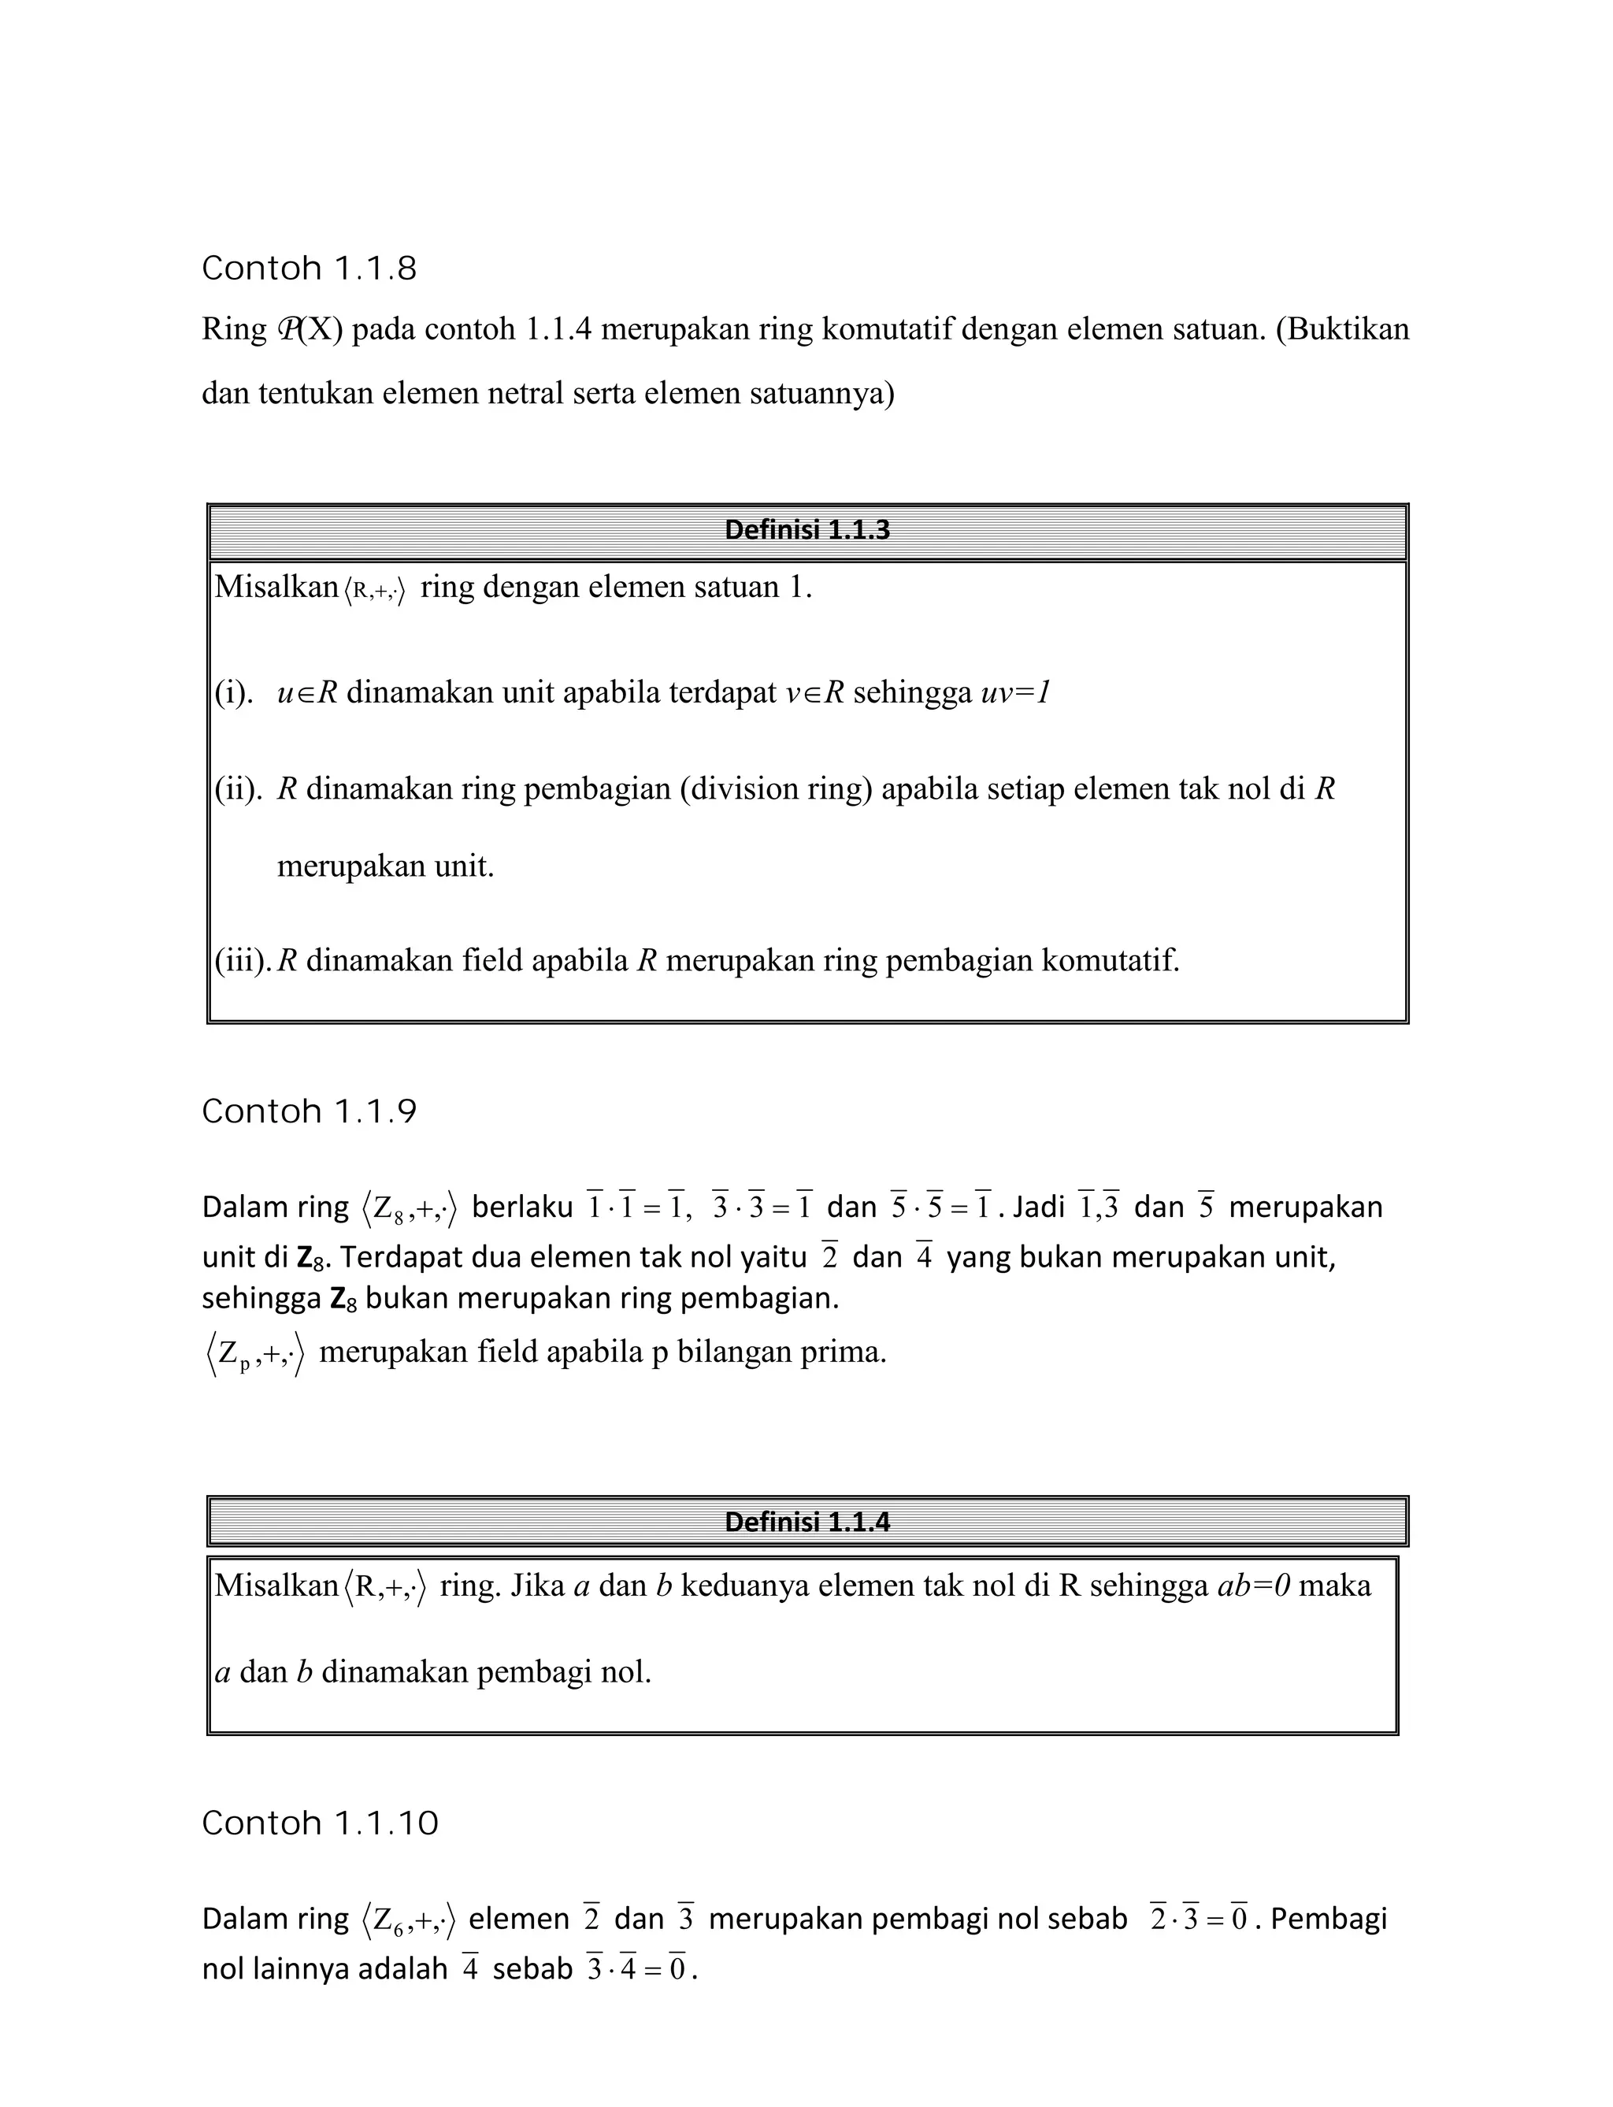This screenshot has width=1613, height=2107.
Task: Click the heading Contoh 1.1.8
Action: click(310, 269)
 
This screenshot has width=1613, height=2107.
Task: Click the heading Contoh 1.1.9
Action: click(310, 1112)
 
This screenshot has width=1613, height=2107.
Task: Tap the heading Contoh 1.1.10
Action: click(320, 1823)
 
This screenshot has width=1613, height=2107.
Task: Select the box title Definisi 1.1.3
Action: click(806, 530)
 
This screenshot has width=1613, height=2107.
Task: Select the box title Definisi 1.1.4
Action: click(806, 1522)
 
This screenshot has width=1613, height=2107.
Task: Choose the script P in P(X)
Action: click(287, 329)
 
